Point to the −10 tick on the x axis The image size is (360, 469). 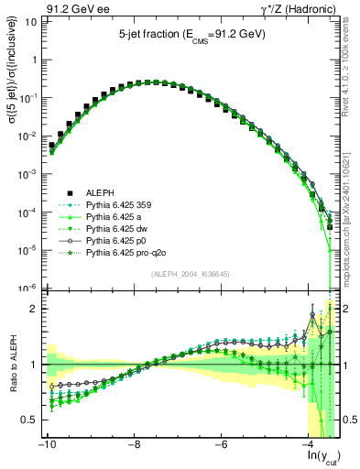point(45,444)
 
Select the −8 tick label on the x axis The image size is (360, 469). point(135,444)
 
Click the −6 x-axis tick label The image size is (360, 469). point(223,444)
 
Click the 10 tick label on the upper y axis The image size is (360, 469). point(29,21)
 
